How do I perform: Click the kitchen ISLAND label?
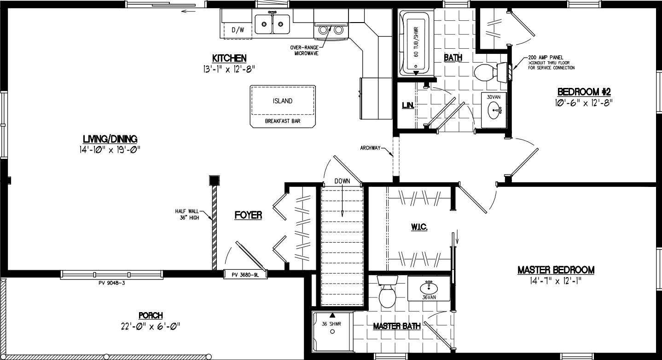tap(282, 101)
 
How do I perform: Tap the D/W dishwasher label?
tap(238, 30)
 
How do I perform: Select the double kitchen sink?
tap(273, 24)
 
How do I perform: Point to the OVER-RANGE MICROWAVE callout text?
tap(304, 50)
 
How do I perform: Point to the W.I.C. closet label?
tap(419, 227)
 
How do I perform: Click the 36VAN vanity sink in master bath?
tap(429, 287)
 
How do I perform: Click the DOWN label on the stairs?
tap(342, 181)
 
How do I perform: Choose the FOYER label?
tap(248, 215)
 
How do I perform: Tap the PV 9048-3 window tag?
tap(112, 283)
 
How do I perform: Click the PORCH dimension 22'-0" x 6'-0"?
tap(150, 326)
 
